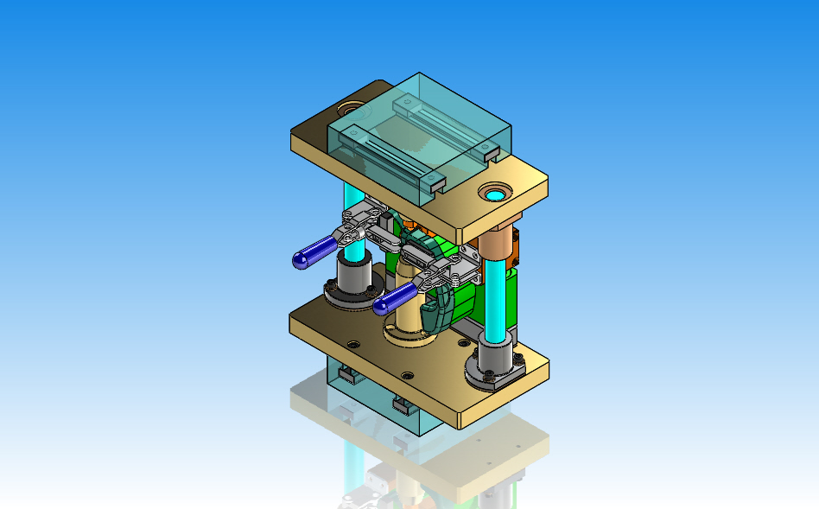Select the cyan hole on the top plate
[x=497, y=192]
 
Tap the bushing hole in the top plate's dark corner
[x=350, y=110]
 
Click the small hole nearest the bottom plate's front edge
[x=407, y=375]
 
